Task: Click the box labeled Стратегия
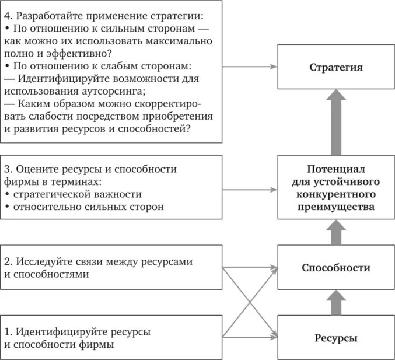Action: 335,68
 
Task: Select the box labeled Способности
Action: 335,268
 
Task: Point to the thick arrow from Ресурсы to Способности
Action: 336,303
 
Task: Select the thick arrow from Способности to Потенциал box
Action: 336,233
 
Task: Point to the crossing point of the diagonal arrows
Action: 250,303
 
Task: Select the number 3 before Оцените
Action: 6,169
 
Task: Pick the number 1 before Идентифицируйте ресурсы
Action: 6,332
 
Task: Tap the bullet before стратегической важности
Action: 6,194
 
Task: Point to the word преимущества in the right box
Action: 336,206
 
